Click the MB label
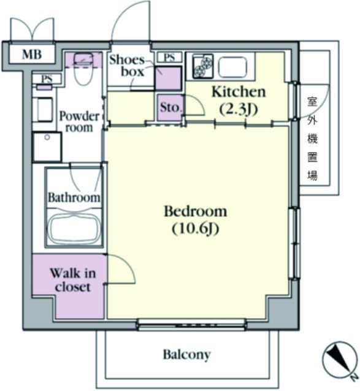[32, 55]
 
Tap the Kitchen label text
[239, 92]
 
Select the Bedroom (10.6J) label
[196, 219]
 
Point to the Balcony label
[186, 355]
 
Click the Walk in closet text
[73, 280]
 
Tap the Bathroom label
[74, 197]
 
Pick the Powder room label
[79, 122]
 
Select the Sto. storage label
[170, 107]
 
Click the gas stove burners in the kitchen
[203, 66]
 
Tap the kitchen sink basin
[232, 67]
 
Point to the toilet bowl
[83, 72]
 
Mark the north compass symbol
[340, 359]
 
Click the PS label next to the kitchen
[170, 58]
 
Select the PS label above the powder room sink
[47, 79]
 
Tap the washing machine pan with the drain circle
[47, 147]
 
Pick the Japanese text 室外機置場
[312, 139]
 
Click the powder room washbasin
[45, 110]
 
